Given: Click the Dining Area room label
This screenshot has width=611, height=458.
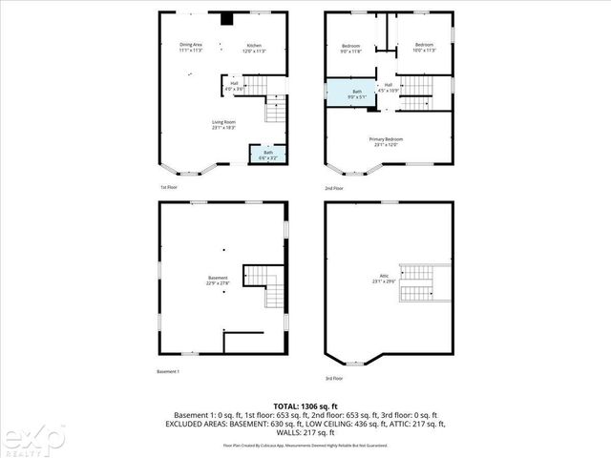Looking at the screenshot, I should tap(190, 47).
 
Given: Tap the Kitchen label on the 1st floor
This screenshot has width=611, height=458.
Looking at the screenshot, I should tap(255, 48).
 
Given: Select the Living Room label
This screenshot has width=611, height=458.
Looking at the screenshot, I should tap(224, 124).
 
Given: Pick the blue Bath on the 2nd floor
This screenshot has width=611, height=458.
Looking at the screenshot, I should tap(355, 93).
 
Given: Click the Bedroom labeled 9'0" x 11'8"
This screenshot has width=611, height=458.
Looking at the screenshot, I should tap(350, 47).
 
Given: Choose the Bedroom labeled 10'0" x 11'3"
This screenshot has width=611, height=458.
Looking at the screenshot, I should tap(423, 47).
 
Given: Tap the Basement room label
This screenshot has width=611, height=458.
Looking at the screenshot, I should tap(219, 280).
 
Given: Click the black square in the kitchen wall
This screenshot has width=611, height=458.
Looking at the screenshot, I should tap(225, 17).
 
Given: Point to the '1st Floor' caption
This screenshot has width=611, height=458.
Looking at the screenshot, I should tap(169, 188).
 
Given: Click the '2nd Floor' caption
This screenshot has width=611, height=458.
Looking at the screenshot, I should tap(334, 188).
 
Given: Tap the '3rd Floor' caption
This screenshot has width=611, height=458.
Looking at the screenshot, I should tap(334, 379).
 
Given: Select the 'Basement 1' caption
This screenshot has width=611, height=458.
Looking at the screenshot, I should tap(168, 371).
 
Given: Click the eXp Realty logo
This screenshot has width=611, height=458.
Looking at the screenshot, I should tap(32, 437).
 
